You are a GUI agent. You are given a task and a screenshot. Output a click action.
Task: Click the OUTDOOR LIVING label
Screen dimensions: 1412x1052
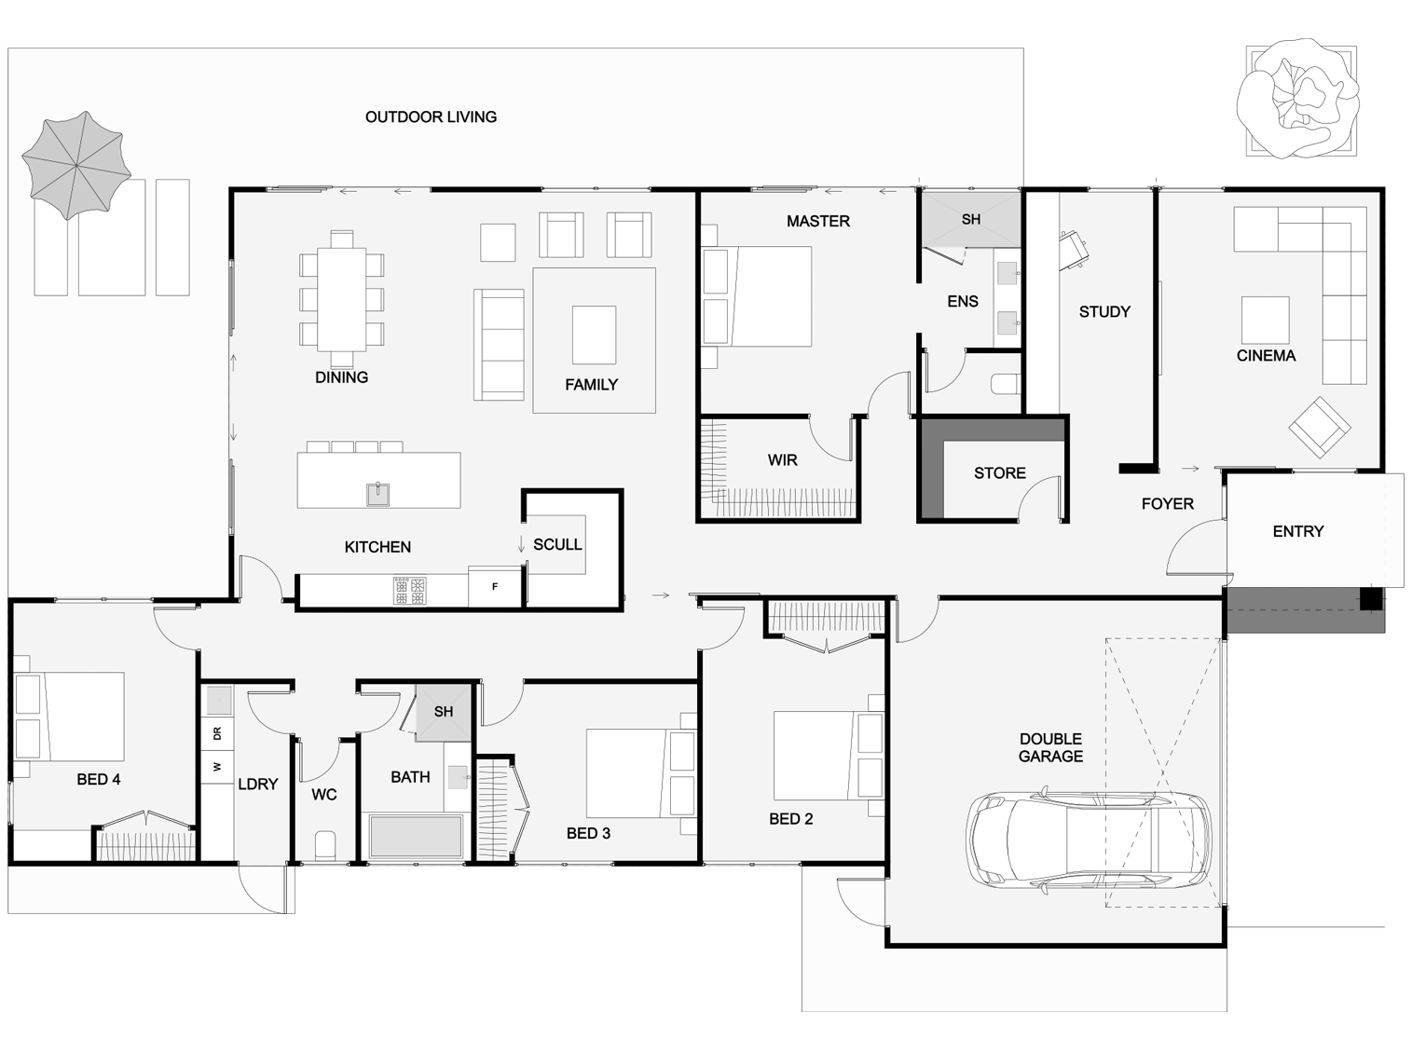click(431, 117)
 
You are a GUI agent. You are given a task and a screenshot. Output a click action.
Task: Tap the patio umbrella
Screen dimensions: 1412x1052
click(76, 165)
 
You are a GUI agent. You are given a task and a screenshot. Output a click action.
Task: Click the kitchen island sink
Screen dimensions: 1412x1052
click(378, 494)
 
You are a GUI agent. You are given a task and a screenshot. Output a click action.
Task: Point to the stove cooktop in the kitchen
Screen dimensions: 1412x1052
click(410, 591)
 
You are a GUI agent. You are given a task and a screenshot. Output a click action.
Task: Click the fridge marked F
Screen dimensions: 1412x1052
click(495, 586)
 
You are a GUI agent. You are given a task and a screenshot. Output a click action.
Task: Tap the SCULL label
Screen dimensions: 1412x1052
click(557, 545)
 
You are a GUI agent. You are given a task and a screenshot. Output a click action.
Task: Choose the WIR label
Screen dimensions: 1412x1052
click(782, 459)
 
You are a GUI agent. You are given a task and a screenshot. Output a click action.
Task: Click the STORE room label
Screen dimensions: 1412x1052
click(1000, 473)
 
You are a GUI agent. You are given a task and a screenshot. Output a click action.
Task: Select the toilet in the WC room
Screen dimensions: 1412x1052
click(325, 845)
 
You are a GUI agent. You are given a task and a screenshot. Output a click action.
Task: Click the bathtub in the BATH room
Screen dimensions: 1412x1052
click(417, 836)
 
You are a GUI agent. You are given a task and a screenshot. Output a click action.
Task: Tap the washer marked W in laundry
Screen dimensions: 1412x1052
click(217, 766)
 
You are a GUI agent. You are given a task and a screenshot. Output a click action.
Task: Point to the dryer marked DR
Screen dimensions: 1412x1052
click(217, 733)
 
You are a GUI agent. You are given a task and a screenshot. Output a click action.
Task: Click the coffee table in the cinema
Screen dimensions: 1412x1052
click(1265, 320)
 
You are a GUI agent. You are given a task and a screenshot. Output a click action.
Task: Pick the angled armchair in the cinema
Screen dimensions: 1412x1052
click(1319, 427)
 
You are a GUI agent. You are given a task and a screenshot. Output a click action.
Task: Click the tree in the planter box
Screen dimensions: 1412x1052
click(1298, 100)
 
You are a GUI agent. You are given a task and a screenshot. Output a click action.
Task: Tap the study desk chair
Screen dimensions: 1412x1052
click(1074, 249)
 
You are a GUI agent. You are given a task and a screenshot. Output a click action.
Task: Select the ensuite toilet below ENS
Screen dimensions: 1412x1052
click(1006, 385)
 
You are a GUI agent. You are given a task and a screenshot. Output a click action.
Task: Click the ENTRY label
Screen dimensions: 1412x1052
click(1298, 531)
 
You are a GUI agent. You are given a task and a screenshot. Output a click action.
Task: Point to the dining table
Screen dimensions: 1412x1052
click(341, 299)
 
